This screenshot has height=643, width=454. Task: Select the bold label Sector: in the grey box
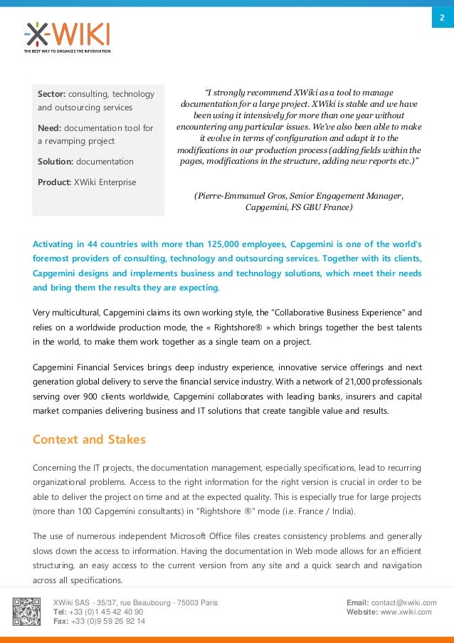pyautogui.click(x=52, y=94)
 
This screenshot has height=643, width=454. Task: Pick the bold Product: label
pyautogui.click(x=55, y=182)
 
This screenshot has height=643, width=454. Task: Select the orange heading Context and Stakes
pyautogui.click(x=89, y=439)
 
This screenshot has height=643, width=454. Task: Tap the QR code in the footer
pyautogui.click(x=26, y=612)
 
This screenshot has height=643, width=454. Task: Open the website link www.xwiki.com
pyautogui.click(x=406, y=612)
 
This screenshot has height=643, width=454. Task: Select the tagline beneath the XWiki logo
pyautogui.click(x=66, y=51)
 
